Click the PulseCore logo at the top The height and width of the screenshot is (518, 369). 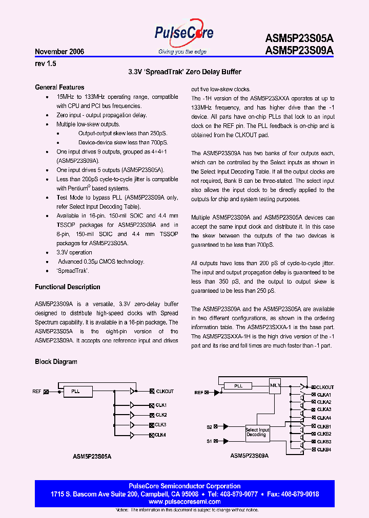pyautogui.click(x=184, y=34)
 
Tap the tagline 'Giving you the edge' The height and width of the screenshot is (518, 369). pyautogui.click(x=182, y=52)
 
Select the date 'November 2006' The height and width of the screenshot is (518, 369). pyautogui.click(x=59, y=52)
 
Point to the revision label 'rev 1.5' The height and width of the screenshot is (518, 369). pyautogui.click(x=45, y=63)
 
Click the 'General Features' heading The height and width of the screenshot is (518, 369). pyautogui.click(x=59, y=88)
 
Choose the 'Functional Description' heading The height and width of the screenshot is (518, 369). pyautogui.click(x=67, y=287)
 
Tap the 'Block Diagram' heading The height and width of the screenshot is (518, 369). pyautogui.click(x=56, y=362)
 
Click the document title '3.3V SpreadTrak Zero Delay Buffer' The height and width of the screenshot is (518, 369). pyautogui.click(x=184, y=73)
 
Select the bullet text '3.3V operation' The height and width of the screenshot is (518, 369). pyautogui.click(x=74, y=253)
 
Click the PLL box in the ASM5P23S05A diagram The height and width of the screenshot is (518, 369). pyautogui.click(x=75, y=392)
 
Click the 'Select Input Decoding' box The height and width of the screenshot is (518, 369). pyautogui.click(x=257, y=433)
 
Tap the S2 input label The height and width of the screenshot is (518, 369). pyautogui.click(x=209, y=426)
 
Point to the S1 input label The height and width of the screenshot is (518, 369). pyautogui.click(x=209, y=441)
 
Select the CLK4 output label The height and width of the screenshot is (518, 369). pyautogui.click(x=160, y=435)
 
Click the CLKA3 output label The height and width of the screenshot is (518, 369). pyautogui.click(x=324, y=409)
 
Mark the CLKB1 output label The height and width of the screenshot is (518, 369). pyautogui.click(x=324, y=426)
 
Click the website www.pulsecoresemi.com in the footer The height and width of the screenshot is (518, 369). pyautogui.click(x=184, y=502)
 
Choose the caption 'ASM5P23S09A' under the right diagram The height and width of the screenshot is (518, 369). pyautogui.click(x=249, y=456)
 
